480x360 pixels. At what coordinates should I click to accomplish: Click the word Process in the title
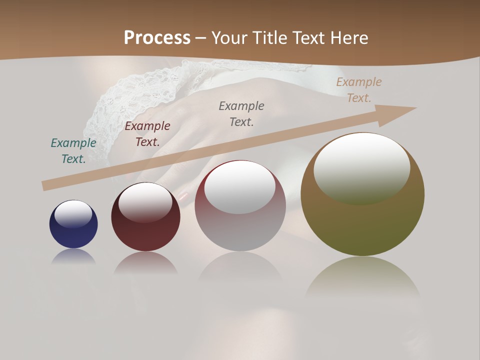point(157,37)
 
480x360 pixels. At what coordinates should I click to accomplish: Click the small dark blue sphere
point(73,230)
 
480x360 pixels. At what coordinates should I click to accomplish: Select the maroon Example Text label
point(147,134)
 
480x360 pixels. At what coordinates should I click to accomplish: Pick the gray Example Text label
point(241,113)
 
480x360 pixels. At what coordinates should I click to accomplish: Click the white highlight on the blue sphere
point(73,214)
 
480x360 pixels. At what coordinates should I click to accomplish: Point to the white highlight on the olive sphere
point(361,168)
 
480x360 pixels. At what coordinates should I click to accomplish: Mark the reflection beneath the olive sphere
point(362,275)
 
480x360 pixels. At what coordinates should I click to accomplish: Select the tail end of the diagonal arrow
point(46,186)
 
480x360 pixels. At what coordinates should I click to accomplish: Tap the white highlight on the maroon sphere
point(145,202)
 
